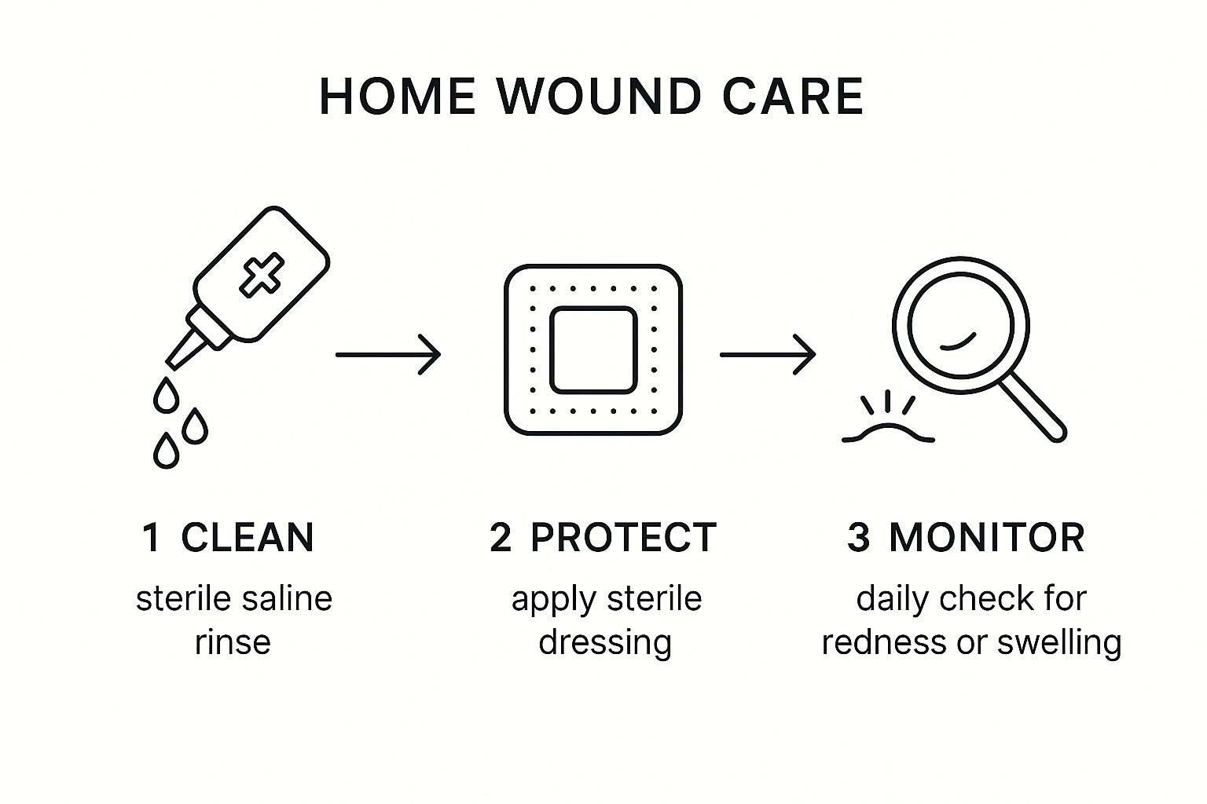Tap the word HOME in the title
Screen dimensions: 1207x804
tap(398, 97)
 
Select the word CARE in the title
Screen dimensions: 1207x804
tap(793, 97)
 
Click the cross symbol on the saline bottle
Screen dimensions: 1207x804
tap(262, 275)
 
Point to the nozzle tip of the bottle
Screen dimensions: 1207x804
tap(171, 364)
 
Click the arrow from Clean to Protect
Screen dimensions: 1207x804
tap(388, 354)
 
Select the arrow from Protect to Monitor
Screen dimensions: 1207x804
tap(768, 354)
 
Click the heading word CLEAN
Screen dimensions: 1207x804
tap(248, 537)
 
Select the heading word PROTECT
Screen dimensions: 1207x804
tap(624, 537)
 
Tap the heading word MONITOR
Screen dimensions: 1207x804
tap(987, 537)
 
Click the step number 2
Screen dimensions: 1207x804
tap(501, 537)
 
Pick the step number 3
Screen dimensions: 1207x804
tap(858, 537)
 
